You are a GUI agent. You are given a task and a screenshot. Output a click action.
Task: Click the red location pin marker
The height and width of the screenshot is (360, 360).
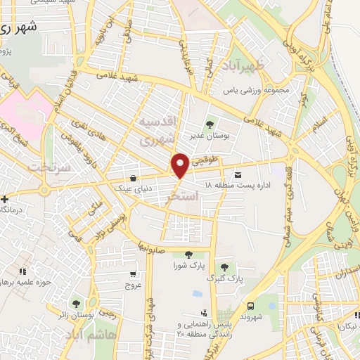click(180, 166)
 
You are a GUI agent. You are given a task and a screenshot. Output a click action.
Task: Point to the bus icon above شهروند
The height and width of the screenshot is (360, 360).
click(251, 306)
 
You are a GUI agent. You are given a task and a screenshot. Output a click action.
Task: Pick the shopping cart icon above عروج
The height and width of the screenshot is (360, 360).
click(133, 275)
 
